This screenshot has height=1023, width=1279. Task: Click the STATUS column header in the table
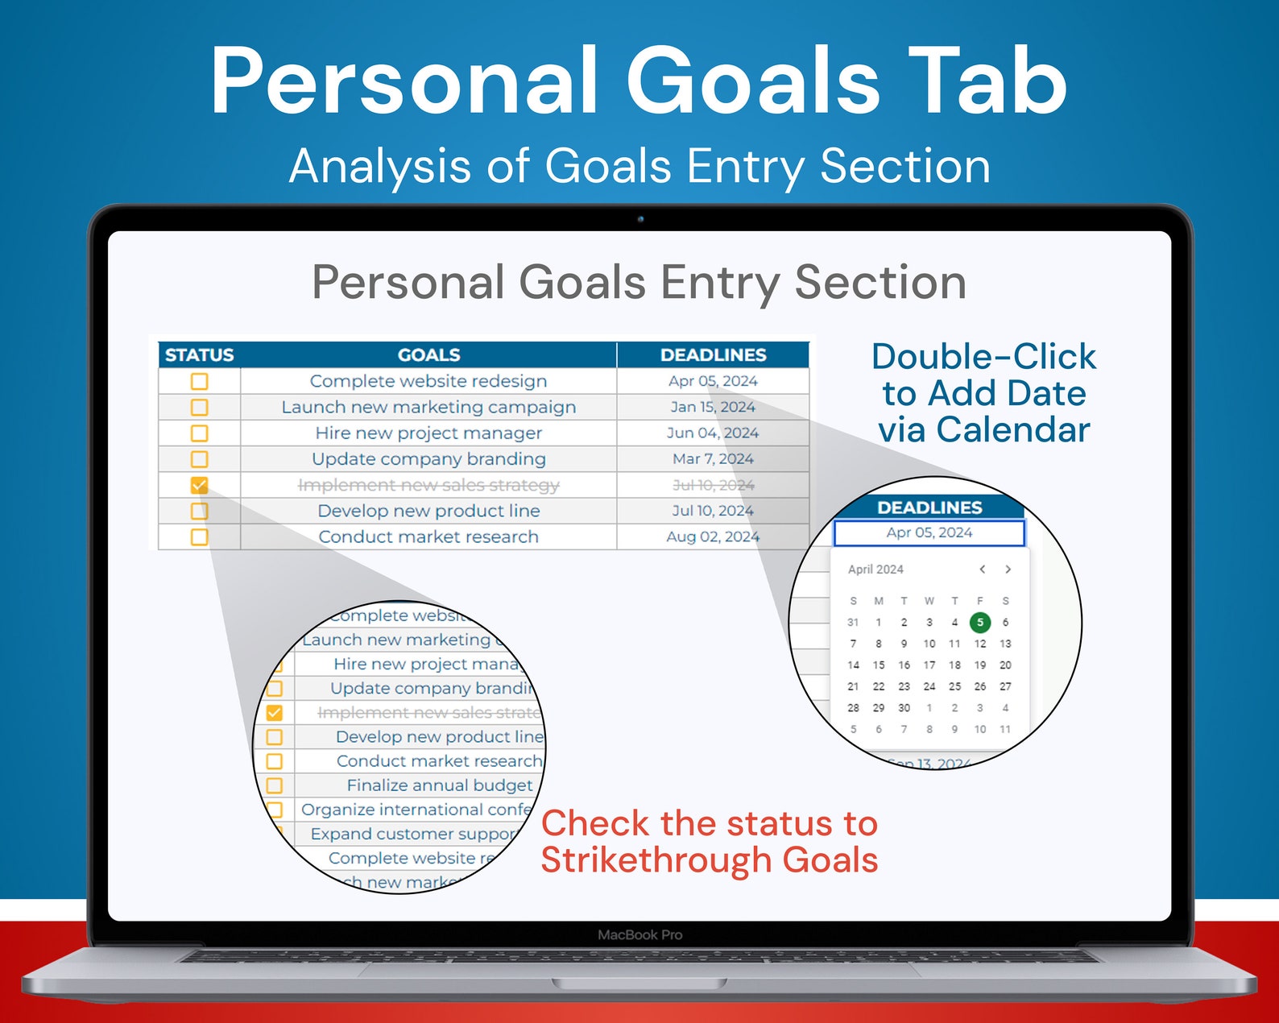coord(199,355)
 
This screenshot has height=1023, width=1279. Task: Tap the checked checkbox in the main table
coord(199,485)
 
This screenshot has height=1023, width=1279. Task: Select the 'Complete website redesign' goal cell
coord(428,381)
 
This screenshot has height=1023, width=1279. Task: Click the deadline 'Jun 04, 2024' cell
coord(713,433)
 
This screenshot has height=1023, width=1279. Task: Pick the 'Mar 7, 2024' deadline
coord(713,458)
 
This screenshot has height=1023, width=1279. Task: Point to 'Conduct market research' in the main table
coord(428,536)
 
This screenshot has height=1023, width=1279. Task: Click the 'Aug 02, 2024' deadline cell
coord(713,536)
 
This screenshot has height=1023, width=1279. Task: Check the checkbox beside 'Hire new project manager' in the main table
coord(199,433)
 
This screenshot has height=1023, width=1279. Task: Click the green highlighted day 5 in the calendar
coord(979,622)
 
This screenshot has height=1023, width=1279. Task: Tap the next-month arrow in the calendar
coord(1008,569)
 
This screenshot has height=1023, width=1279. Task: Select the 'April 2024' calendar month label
coord(875,569)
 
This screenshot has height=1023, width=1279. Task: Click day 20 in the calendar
coord(1005,665)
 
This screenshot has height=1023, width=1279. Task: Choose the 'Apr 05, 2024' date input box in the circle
coord(929,532)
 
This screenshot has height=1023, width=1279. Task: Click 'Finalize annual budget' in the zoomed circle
coord(440,785)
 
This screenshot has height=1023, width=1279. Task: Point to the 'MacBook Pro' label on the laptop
coord(639,934)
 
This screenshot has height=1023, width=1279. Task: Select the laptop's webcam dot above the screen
coord(640,218)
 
